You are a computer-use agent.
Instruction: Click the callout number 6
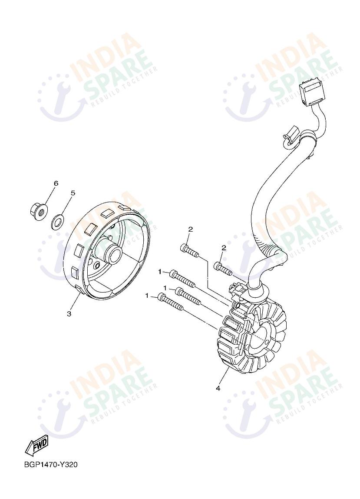tap(56, 183)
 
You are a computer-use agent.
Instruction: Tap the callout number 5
tap(73, 193)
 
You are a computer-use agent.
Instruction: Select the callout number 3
tap(69, 314)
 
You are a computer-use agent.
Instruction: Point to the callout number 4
tap(218, 388)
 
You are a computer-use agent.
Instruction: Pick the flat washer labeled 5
tap(58, 222)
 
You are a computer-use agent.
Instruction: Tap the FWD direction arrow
tap(36, 445)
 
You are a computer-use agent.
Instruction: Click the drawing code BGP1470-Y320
tap(51, 465)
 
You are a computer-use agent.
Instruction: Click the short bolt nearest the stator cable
tap(224, 268)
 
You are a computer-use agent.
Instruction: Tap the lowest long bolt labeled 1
tap(171, 302)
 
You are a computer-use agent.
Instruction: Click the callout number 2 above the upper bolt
tap(191, 229)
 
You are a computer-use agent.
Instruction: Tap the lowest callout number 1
tap(147, 296)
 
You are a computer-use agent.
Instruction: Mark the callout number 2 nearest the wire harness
tap(224, 248)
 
